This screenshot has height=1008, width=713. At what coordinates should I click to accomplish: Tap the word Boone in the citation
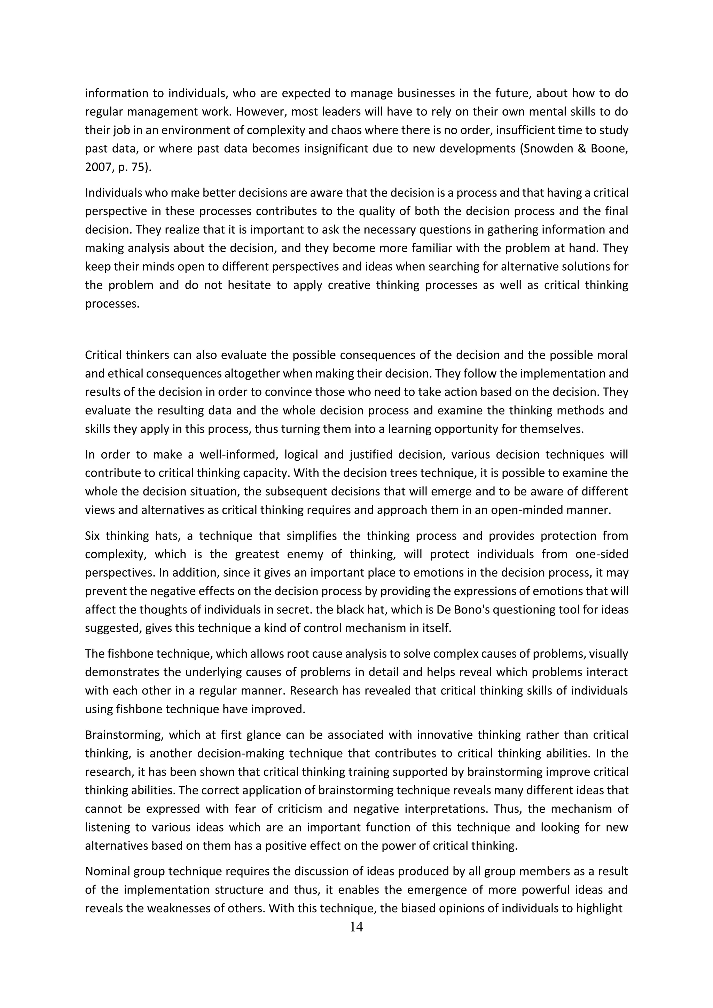click(x=609, y=149)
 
